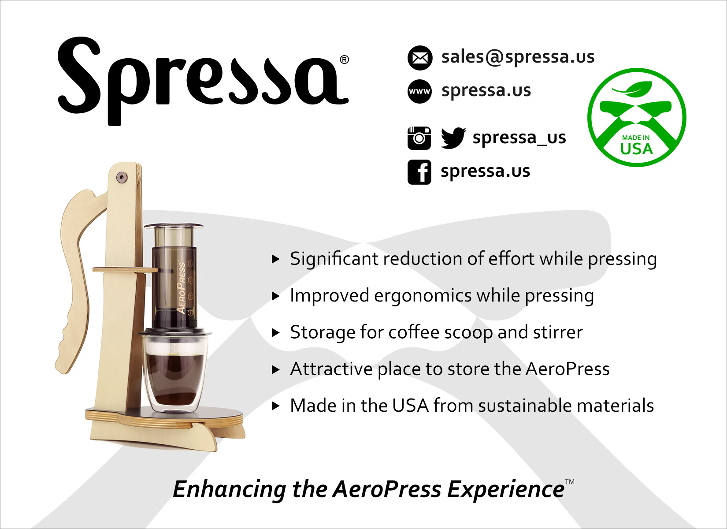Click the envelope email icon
pos(419,58)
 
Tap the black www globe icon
pos(419,91)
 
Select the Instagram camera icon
pos(419,138)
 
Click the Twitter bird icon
pos(453,138)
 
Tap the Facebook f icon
pos(419,172)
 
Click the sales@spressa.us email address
pos(518,57)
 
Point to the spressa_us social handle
pos(519,138)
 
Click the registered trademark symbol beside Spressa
pos(345,60)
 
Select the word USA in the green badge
pos(636,149)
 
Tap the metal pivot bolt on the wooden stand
pos(122,177)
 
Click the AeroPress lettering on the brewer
pos(181,288)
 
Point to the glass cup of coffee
pos(174,373)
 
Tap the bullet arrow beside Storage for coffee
pos(275,332)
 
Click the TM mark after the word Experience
pos(570,482)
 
